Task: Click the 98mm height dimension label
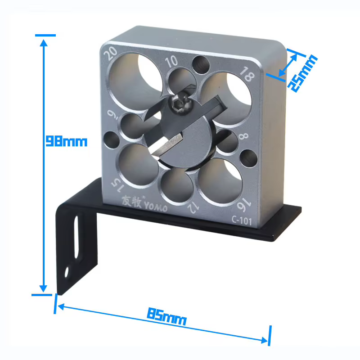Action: [67, 141]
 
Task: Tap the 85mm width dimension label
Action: [166, 317]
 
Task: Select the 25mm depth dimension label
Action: [302, 73]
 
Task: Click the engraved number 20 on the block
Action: [110, 54]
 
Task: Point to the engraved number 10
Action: [171, 61]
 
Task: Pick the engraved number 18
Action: [247, 74]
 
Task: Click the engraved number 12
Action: [193, 208]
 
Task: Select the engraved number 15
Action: [118, 184]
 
